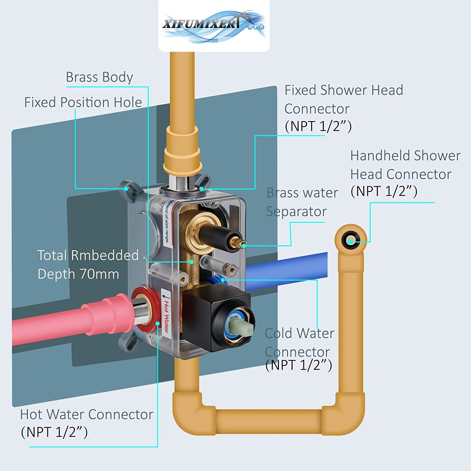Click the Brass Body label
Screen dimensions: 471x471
[99, 77]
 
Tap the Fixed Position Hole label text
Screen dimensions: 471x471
[83, 102]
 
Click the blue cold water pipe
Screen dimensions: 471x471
[286, 268]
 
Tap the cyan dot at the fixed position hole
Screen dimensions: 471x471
[126, 189]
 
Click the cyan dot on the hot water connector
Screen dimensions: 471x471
[158, 324]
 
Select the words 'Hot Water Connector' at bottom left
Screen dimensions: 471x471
[87, 414]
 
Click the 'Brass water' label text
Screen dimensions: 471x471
[302, 193]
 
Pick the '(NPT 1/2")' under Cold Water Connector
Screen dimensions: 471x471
[298, 365]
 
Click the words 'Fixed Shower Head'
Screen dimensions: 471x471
[344, 90]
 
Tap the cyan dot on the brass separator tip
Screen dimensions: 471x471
[244, 245]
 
